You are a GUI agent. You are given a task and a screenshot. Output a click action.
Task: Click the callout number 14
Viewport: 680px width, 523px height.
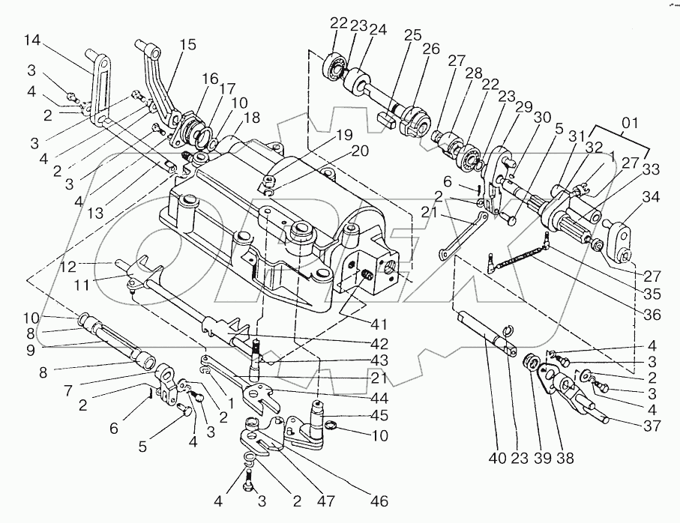[32, 40]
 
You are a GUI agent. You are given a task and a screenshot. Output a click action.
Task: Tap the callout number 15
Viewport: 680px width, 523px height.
[188, 45]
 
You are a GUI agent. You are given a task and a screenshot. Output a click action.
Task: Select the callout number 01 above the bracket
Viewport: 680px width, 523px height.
[630, 123]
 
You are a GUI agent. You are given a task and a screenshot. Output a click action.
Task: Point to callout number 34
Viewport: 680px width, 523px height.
[651, 197]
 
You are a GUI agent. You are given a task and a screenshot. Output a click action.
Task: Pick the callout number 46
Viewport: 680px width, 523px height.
[379, 501]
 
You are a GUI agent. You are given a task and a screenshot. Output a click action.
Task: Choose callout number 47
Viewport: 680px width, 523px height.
[326, 501]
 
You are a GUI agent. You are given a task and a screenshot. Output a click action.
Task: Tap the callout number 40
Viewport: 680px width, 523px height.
[497, 458]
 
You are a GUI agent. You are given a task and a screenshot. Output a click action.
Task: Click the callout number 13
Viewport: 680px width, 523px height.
[95, 213]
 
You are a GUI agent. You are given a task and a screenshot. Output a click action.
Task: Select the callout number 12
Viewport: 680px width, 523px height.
[68, 267]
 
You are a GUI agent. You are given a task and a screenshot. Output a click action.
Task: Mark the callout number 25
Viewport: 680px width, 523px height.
[412, 34]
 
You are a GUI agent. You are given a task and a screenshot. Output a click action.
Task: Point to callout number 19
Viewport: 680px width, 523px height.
[345, 135]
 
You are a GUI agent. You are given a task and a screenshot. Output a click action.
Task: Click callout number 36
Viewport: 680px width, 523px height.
[652, 314]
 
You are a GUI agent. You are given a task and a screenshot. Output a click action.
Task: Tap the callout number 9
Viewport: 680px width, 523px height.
[30, 350]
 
